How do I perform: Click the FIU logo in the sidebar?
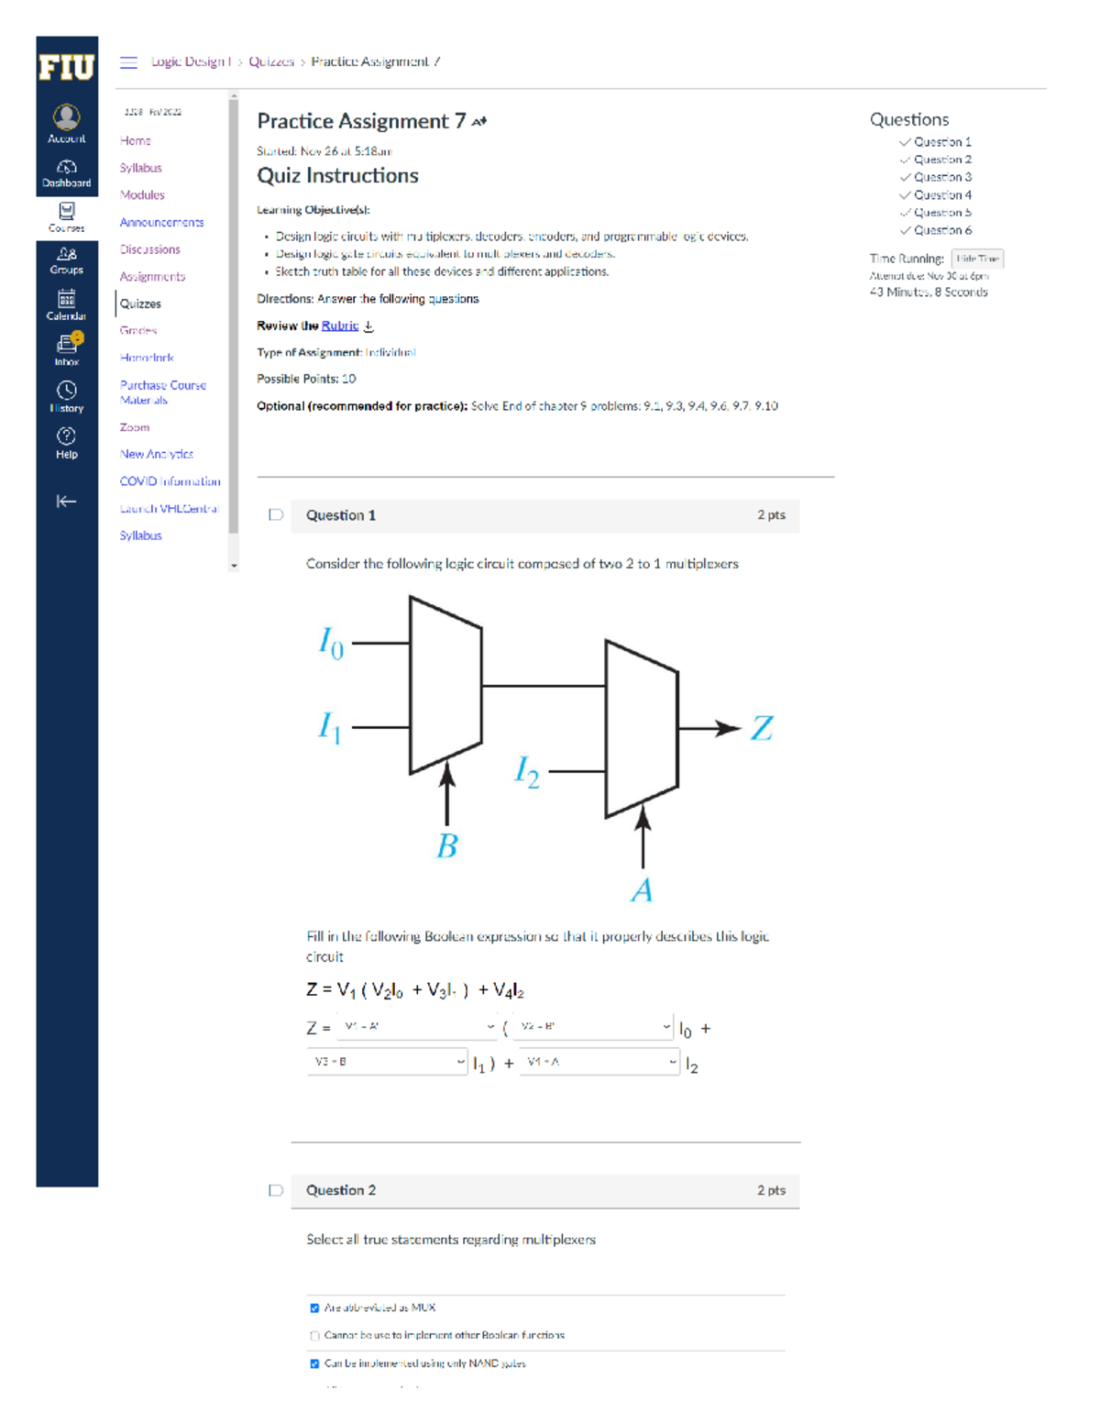[x=66, y=67]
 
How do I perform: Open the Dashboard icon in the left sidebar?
[x=66, y=172]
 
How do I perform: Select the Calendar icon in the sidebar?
[x=66, y=304]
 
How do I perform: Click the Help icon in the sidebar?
[x=66, y=442]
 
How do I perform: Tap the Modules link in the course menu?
[x=142, y=195]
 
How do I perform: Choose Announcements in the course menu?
[x=161, y=223]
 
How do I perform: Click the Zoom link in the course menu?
[x=134, y=427]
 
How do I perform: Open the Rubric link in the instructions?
[x=340, y=326]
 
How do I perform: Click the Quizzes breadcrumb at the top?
[x=271, y=61]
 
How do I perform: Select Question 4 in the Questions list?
[x=942, y=195]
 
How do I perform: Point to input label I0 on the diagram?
[x=331, y=643]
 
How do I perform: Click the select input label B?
[x=446, y=845]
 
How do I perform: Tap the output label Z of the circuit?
[x=762, y=729]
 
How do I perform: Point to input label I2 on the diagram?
[x=527, y=771]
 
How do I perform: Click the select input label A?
[x=642, y=889]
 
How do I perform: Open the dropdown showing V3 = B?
[x=387, y=1062]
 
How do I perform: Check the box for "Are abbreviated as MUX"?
[x=314, y=1308]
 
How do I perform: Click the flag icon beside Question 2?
[x=275, y=1190]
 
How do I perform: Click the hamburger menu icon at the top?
[x=128, y=62]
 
